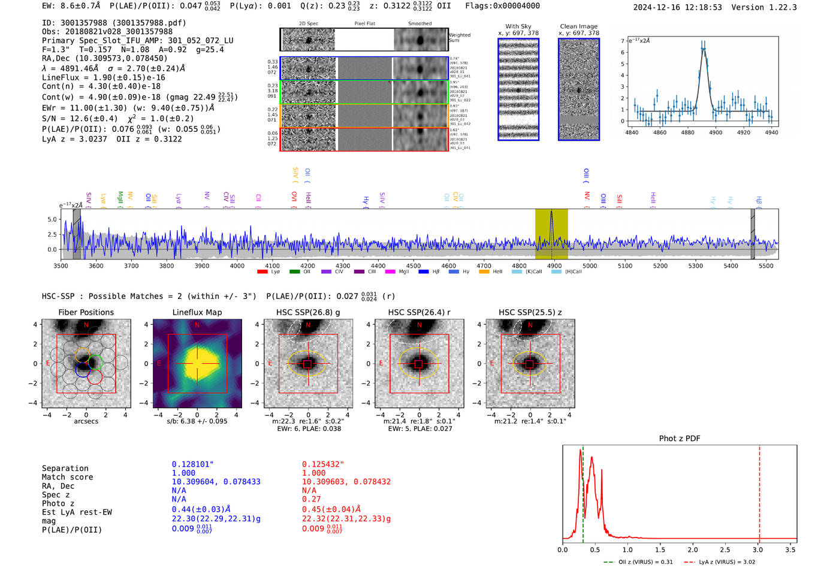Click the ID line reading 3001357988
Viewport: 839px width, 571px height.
click(x=114, y=23)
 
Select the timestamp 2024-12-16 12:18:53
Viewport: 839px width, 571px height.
click(x=677, y=7)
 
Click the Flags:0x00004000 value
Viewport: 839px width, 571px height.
click(x=502, y=6)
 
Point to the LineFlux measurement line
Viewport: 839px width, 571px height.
click(x=103, y=77)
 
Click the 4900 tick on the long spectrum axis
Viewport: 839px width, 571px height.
click(x=554, y=265)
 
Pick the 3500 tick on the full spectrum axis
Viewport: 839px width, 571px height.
click(x=61, y=265)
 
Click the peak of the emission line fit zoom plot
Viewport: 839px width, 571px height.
click(x=704, y=49)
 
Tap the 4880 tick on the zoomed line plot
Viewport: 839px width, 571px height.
click(x=687, y=132)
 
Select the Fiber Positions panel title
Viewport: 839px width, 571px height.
click(x=86, y=312)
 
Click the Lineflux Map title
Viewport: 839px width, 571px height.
click(x=197, y=312)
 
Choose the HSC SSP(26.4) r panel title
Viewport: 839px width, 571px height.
click(x=419, y=312)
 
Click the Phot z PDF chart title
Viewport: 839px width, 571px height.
click(x=679, y=439)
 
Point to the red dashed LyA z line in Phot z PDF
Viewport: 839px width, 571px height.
click(x=759, y=491)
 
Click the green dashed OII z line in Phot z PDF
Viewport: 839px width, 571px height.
click(x=583, y=491)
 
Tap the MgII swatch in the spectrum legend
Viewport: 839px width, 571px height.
click(x=390, y=272)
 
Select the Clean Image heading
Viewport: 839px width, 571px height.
click(x=578, y=26)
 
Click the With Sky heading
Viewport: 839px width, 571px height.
click(x=518, y=26)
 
